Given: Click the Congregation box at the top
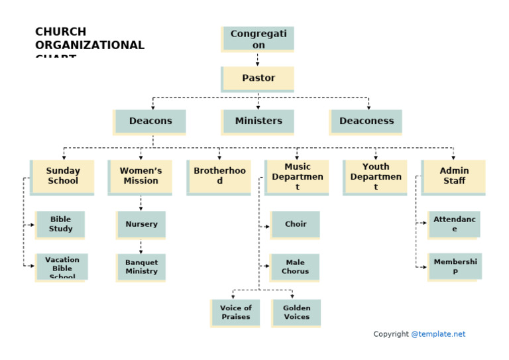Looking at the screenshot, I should tap(258, 39).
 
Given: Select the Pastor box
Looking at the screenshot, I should tap(258, 78).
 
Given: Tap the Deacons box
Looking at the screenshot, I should tap(150, 121).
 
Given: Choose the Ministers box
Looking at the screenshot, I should tap(258, 121).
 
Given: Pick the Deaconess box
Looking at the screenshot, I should tap(366, 121).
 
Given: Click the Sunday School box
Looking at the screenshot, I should tap(62, 176).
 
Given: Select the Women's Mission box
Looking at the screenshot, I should tap(141, 176).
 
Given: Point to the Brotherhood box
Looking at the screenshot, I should tap(219, 176).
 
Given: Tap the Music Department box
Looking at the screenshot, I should tap(297, 176).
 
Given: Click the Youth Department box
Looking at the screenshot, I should tap(375, 176).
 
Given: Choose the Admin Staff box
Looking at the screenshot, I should tap(453, 176).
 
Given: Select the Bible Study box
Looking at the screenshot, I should tap(60, 225).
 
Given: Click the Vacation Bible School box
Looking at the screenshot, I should tap(62, 267).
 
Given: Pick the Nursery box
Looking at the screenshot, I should tap(141, 224).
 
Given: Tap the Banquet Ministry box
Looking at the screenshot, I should tap(141, 267).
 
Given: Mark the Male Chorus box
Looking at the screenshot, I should tap(295, 267).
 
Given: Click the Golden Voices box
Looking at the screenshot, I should tap(296, 312).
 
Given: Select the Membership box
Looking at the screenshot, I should tap(454, 267).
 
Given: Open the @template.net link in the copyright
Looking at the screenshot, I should tap(438, 334).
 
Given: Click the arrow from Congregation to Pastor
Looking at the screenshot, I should tap(258, 59).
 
